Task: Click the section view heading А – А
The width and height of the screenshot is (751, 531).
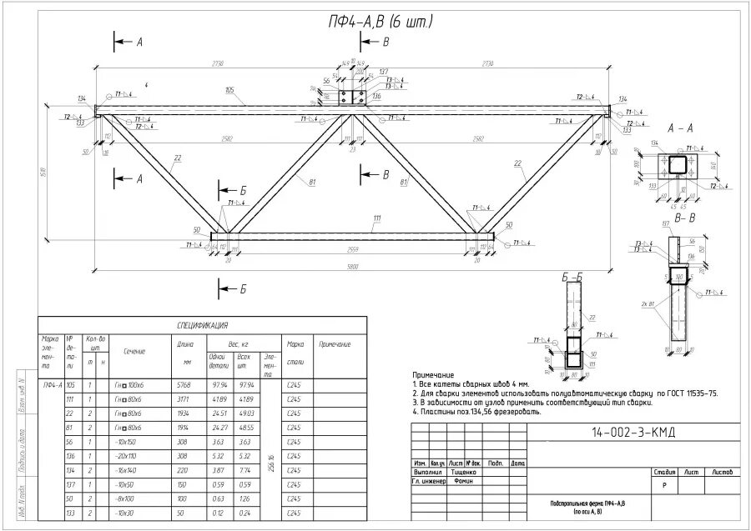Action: [x=681, y=129]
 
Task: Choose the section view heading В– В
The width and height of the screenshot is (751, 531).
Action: [x=685, y=218]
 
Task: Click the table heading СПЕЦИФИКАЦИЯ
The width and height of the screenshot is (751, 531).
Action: [x=203, y=325]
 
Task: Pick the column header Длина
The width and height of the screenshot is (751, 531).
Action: [x=184, y=343]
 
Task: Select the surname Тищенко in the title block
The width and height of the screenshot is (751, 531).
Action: [x=463, y=471]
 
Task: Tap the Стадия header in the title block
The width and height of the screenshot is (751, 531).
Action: [x=665, y=471]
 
